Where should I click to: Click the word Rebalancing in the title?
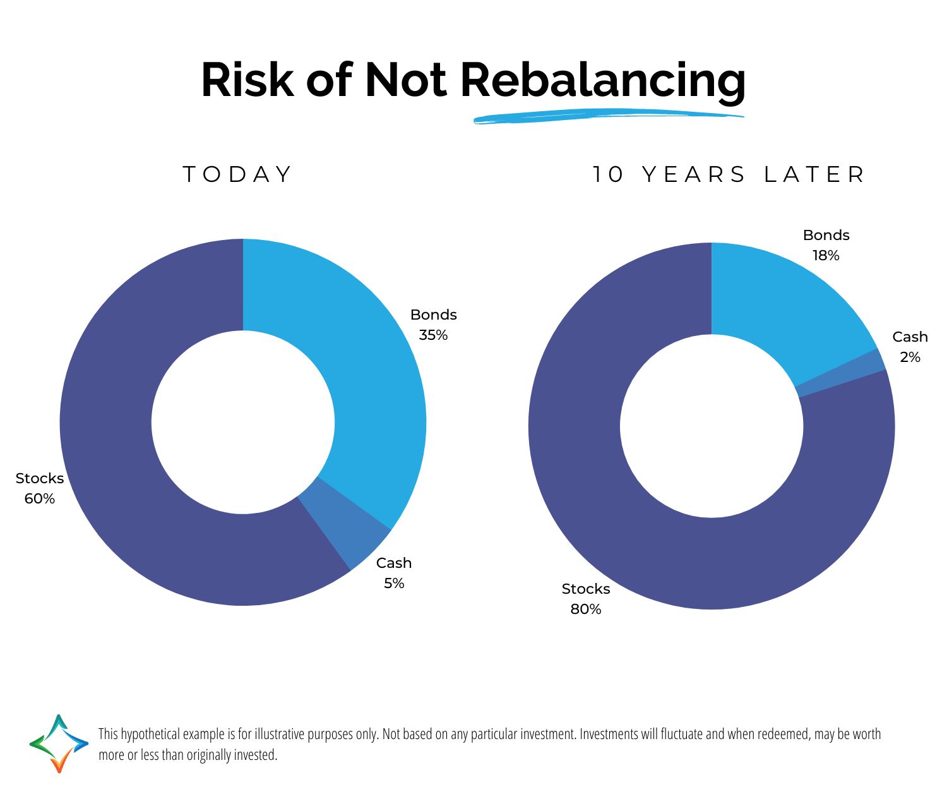pos(602,81)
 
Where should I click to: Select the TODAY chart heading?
pos(237,174)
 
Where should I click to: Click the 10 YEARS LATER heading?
pos(729,174)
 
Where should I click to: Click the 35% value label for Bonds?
pos(433,335)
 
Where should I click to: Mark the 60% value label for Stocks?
pos(40,499)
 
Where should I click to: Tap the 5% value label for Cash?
pos(394,584)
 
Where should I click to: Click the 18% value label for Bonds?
pos(826,256)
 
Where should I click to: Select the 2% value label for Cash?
pos(910,358)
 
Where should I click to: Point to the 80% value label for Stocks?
pos(586,610)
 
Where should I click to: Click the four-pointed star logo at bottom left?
pos(59,743)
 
